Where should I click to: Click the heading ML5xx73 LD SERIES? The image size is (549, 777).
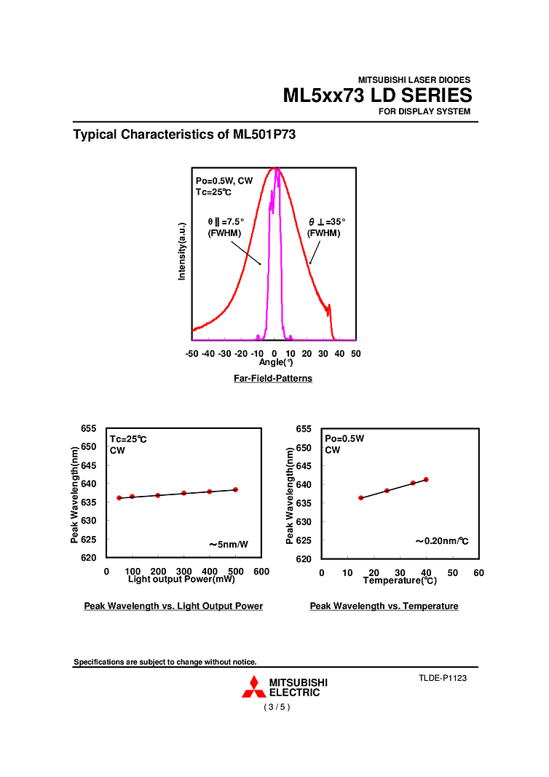pyautogui.click(x=377, y=95)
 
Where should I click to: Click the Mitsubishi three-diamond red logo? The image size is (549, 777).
pyautogui.click(x=253, y=687)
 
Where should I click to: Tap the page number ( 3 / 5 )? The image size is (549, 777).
pyautogui.click(x=277, y=707)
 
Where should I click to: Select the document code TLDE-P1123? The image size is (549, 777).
pyautogui.click(x=442, y=678)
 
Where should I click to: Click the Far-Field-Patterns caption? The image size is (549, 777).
pyautogui.click(x=273, y=379)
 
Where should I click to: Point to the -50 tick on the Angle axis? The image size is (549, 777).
pyautogui.click(x=191, y=353)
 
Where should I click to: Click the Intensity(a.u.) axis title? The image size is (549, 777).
pyautogui.click(x=183, y=251)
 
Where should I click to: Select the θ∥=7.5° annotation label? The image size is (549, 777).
pyautogui.click(x=226, y=221)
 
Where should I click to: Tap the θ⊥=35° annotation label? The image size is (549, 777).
pyautogui.click(x=325, y=221)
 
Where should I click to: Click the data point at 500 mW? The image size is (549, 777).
pyautogui.click(x=236, y=489)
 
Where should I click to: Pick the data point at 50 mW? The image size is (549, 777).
pyautogui.click(x=119, y=498)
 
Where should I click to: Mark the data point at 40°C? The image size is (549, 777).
pyautogui.click(x=426, y=479)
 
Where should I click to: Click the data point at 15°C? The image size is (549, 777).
pyautogui.click(x=360, y=498)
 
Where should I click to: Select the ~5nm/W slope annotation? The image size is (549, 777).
pyautogui.click(x=229, y=544)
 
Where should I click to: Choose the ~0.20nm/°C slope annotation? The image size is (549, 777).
pyautogui.click(x=441, y=541)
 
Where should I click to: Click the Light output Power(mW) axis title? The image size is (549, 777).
pyautogui.click(x=181, y=580)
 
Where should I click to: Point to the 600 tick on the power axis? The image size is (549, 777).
pyautogui.click(x=261, y=572)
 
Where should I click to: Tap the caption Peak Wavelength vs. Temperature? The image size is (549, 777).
pyautogui.click(x=384, y=606)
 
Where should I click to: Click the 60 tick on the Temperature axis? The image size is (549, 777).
pyautogui.click(x=478, y=573)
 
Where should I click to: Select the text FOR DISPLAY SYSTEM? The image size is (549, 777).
pyautogui.click(x=424, y=111)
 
